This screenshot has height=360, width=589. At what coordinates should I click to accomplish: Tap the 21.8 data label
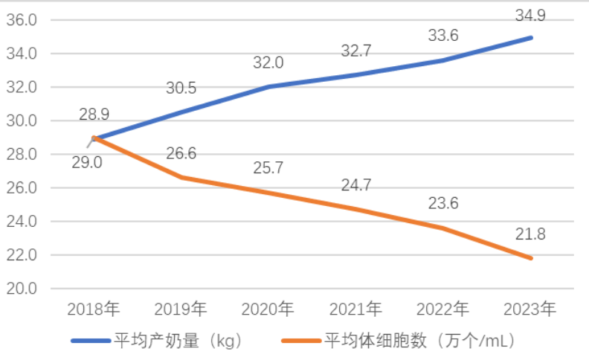530,235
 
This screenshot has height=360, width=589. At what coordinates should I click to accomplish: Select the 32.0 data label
268,63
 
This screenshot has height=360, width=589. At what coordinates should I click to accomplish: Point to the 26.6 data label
181,154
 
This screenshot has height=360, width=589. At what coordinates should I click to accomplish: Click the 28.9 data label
94,115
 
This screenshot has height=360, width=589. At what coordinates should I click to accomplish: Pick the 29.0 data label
87,162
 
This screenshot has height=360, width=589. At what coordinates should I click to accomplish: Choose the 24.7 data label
356,186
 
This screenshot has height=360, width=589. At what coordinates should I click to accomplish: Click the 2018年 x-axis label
93,308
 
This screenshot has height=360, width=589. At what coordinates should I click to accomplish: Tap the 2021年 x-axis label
355,308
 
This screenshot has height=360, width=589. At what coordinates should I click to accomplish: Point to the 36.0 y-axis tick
22,20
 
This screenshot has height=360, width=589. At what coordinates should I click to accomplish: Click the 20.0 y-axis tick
22,289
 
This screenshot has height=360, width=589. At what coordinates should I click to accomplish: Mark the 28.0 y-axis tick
22,155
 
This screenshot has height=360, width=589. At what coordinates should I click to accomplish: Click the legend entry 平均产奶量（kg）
178,341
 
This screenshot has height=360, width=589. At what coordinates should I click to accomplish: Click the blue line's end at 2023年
530,37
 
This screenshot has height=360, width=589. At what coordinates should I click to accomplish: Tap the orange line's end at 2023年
530,258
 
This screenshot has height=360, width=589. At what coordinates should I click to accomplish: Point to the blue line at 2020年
268,86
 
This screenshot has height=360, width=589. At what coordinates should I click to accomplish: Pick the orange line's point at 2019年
181,177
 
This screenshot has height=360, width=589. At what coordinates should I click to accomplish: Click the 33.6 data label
443,35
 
